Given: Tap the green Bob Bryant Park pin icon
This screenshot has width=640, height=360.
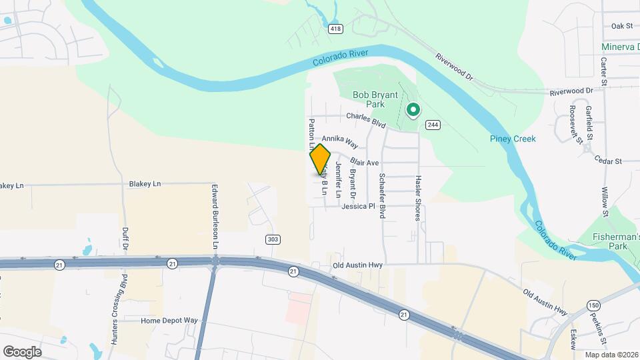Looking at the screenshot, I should (413, 109).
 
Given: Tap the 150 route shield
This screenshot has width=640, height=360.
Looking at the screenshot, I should (593, 305).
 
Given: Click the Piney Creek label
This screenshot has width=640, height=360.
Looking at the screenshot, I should (513, 139).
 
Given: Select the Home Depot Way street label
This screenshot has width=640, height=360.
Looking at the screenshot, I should (169, 321).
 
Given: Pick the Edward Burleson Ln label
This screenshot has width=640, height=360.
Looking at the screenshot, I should (215, 217).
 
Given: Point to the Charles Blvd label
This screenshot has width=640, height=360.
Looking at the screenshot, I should (366, 119).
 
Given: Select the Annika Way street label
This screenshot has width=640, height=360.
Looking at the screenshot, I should (340, 141).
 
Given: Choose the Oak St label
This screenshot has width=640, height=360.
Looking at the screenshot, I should (621, 26).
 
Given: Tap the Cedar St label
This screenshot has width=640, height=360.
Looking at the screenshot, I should (608, 161).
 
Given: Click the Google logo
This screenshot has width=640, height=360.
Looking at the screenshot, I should (22, 351).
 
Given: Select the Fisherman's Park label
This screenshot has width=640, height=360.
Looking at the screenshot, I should (617, 241).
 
